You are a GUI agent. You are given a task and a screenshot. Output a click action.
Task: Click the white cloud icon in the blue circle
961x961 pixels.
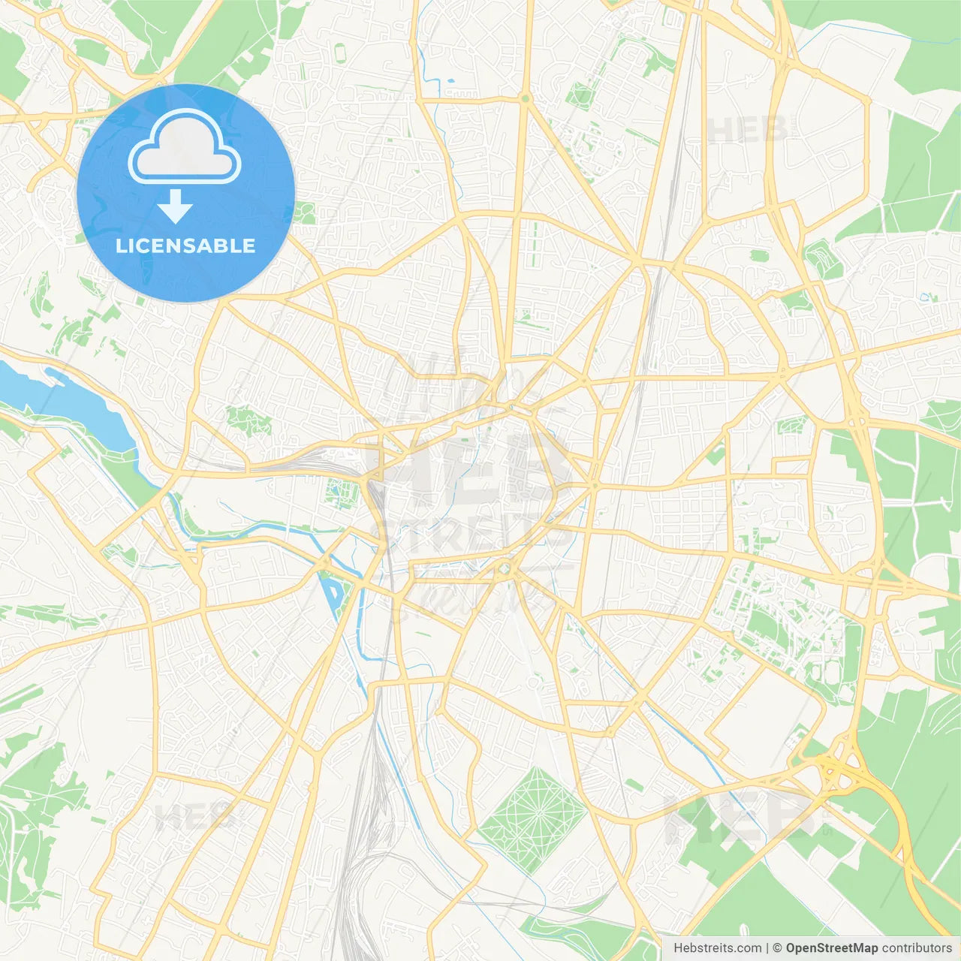click(185, 147)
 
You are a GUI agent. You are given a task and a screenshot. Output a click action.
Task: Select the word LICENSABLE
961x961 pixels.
click(185, 246)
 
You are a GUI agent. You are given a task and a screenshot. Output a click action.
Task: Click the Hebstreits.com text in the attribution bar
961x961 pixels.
click(717, 948)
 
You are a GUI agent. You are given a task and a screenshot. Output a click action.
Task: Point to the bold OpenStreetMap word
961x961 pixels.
click(831, 948)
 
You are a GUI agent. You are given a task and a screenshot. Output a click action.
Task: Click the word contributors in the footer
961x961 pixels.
click(917, 948)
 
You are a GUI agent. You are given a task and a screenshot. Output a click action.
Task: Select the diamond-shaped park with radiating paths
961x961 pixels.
click(532, 818)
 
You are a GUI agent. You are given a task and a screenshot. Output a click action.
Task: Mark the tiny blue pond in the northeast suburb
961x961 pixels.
click(924, 297)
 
